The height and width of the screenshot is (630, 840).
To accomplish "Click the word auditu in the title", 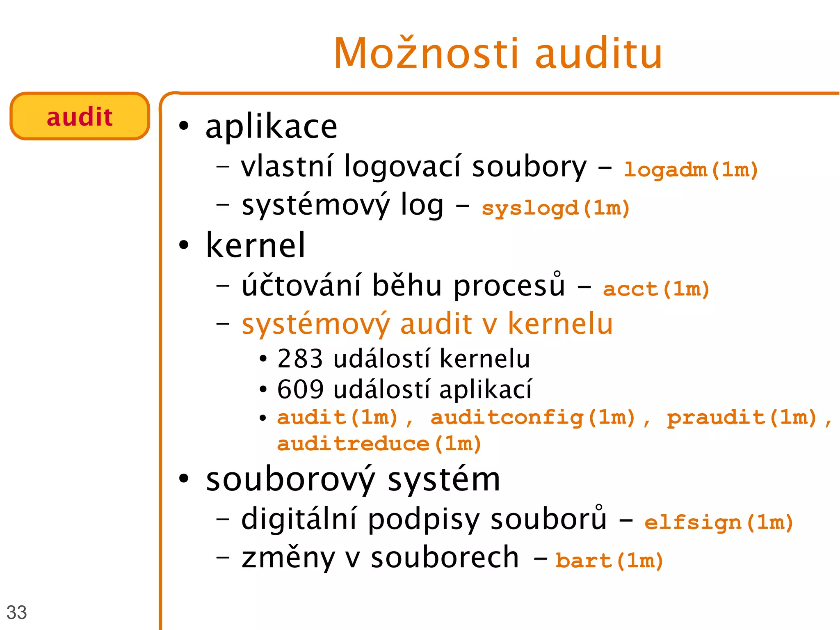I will click(599, 53).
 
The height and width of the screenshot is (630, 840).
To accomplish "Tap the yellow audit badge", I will click(80, 117).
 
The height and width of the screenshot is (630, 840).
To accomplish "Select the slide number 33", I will click(16, 612).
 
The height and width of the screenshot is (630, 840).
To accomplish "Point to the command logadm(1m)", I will click(691, 169).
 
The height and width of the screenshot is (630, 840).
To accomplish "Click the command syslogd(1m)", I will click(556, 208).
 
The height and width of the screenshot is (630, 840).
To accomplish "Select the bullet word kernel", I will click(256, 245).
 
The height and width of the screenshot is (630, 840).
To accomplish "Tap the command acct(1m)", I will click(656, 289).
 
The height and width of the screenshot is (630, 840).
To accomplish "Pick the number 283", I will click(300, 358).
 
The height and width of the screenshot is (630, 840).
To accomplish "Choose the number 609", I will click(300, 389).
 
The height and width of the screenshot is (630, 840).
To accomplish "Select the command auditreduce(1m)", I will click(379, 443).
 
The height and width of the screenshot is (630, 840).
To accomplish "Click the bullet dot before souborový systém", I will click(184, 479).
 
